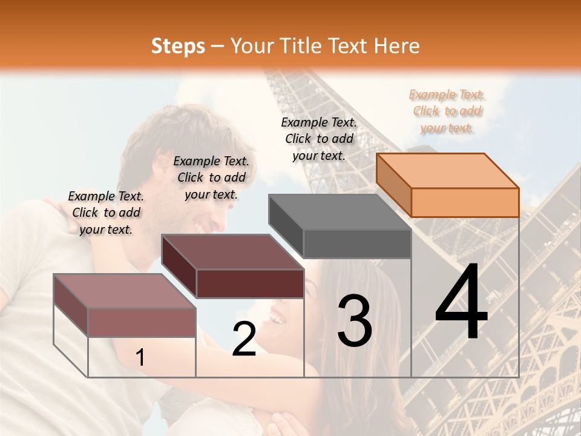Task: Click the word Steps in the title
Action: click(x=178, y=46)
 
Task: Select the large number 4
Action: click(x=461, y=302)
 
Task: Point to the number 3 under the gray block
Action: click(x=355, y=321)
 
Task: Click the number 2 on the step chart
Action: click(x=245, y=339)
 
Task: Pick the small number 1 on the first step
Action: click(x=140, y=357)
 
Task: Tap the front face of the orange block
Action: click(x=465, y=202)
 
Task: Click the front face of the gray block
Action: click(x=357, y=244)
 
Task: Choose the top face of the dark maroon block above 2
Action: click(x=232, y=252)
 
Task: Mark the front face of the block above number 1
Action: click(x=142, y=322)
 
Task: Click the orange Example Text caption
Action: click(x=447, y=111)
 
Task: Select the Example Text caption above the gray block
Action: click(x=319, y=139)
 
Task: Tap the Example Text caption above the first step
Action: click(x=106, y=213)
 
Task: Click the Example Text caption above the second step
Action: click(x=211, y=177)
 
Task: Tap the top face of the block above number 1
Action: click(x=125, y=291)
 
